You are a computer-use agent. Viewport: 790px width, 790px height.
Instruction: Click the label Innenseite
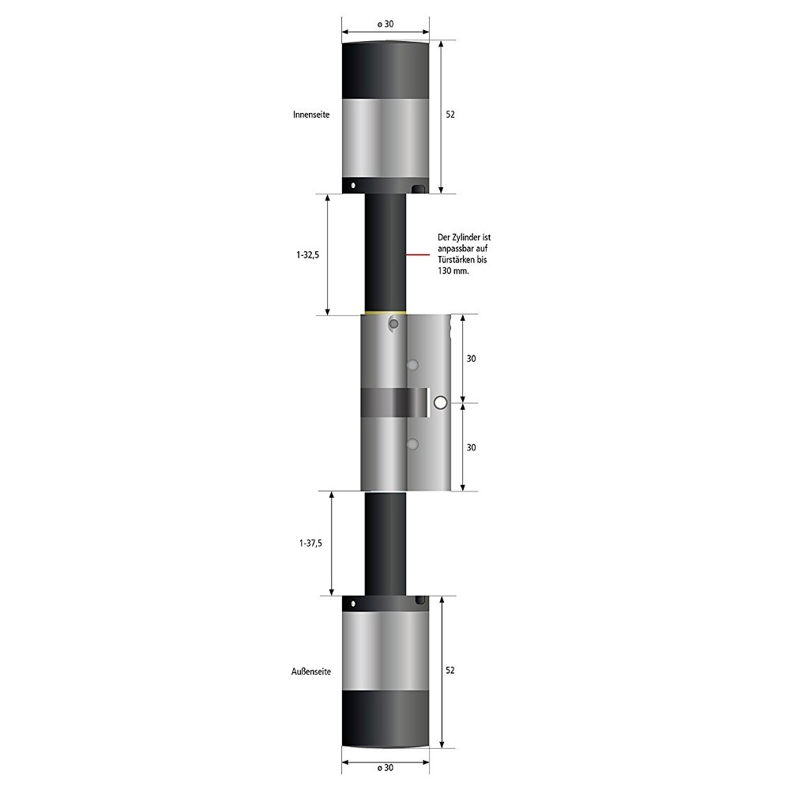pyautogui.click(x=310, y=115)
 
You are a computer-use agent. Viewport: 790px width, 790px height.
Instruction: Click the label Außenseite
pyautogui.click(x=310, y=671)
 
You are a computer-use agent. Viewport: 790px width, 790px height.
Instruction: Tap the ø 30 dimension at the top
pyautogui.click(x=386, y=24)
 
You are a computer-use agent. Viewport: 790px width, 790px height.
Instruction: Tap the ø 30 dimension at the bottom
pyautogui.click(x=386, y=768)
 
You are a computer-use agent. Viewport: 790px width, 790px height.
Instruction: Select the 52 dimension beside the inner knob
pyautogui.click(x=450, y=115)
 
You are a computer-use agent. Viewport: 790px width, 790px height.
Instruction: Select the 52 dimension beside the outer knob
pyautogui.click(x=450, y=670)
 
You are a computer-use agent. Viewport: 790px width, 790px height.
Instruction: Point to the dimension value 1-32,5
pyautogui.click(x=308, y=255)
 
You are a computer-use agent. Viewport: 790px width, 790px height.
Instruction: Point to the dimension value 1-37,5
pyautogui.click(x=310, y=544)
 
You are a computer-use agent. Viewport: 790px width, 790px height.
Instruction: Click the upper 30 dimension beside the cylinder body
pyautogui.click(x=471, y=358)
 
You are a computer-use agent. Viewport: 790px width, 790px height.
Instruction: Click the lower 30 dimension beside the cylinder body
pyautogui.click(x=471, y=447)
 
